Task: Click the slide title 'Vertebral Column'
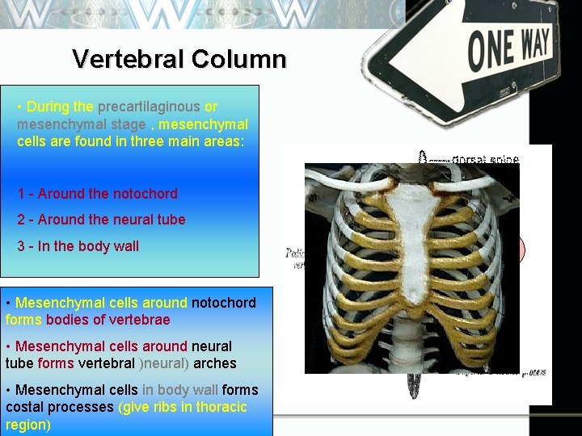pyautogui.click(x=179, y=59)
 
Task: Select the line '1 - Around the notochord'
pyautogui.click(x=98, y=194)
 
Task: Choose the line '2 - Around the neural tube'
pyautogui.click(x=102, y=220)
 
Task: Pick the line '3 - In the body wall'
pyautogui.click(x=78, y=246)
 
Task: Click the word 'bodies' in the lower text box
pyautogui.click(x=67, y=320)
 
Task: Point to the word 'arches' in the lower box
pyautogui.click(x=215, y=363)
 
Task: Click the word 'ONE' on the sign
pyautogui.click(x=488, y=50)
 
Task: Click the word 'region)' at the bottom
pyautogui.click(x=27, y=425)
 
